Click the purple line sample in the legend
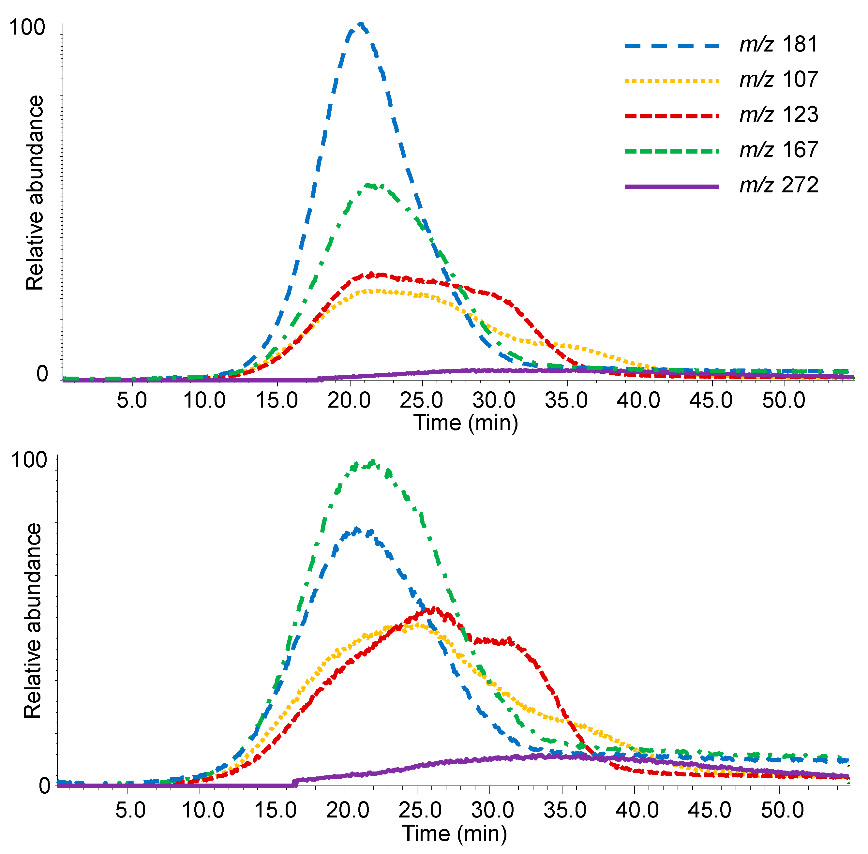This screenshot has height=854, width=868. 671,186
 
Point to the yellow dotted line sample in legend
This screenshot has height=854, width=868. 671,81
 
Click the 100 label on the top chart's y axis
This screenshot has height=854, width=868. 27,28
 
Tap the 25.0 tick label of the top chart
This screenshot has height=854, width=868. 421,400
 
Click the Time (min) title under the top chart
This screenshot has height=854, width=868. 465,423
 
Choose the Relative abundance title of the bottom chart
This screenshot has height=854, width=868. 32,621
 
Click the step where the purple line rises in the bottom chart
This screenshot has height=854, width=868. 295,783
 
